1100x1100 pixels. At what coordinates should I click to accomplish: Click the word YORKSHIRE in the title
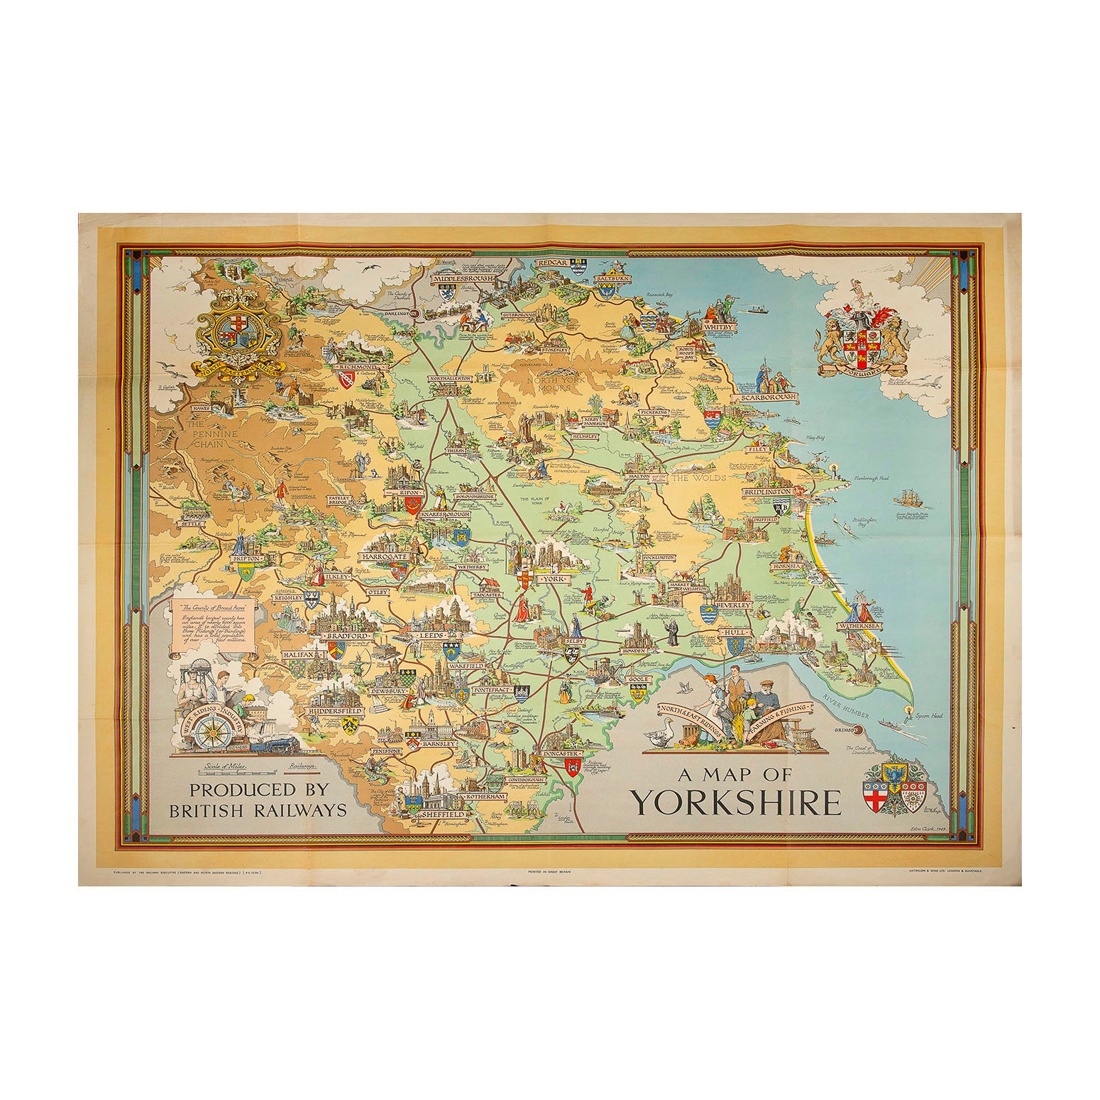pyautogui.click(x=737, y=801)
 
